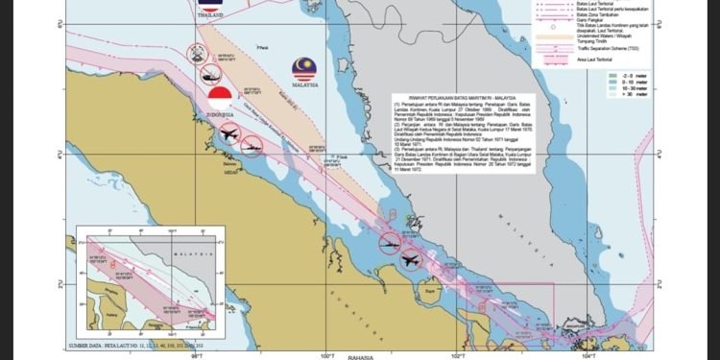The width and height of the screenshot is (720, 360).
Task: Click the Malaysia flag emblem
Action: click(304, 67)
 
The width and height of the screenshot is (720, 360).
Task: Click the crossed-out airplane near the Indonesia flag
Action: click(228, 133)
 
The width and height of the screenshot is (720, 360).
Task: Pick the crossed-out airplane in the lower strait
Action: click(411, 259)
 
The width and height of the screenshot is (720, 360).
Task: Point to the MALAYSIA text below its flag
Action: click(304, 84)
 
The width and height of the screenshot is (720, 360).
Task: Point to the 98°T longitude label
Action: click(197, 354)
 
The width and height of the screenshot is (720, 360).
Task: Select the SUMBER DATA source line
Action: click(140, 344)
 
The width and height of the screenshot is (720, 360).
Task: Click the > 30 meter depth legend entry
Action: click(620, 97)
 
